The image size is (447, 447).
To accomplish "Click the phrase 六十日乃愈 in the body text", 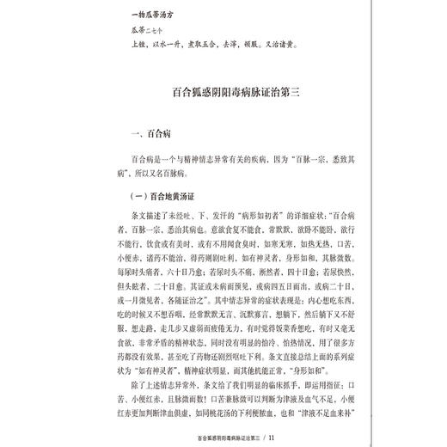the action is pyautogui.click(x=176, y=270).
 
